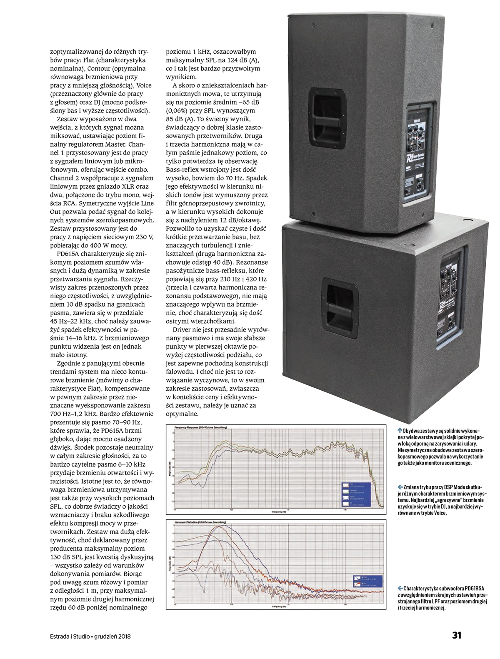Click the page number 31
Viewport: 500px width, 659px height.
(x=456, y=635)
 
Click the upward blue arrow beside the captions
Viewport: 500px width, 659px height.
(x=400, y=429)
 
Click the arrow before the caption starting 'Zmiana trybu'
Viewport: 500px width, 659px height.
(x=400, y=487)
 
